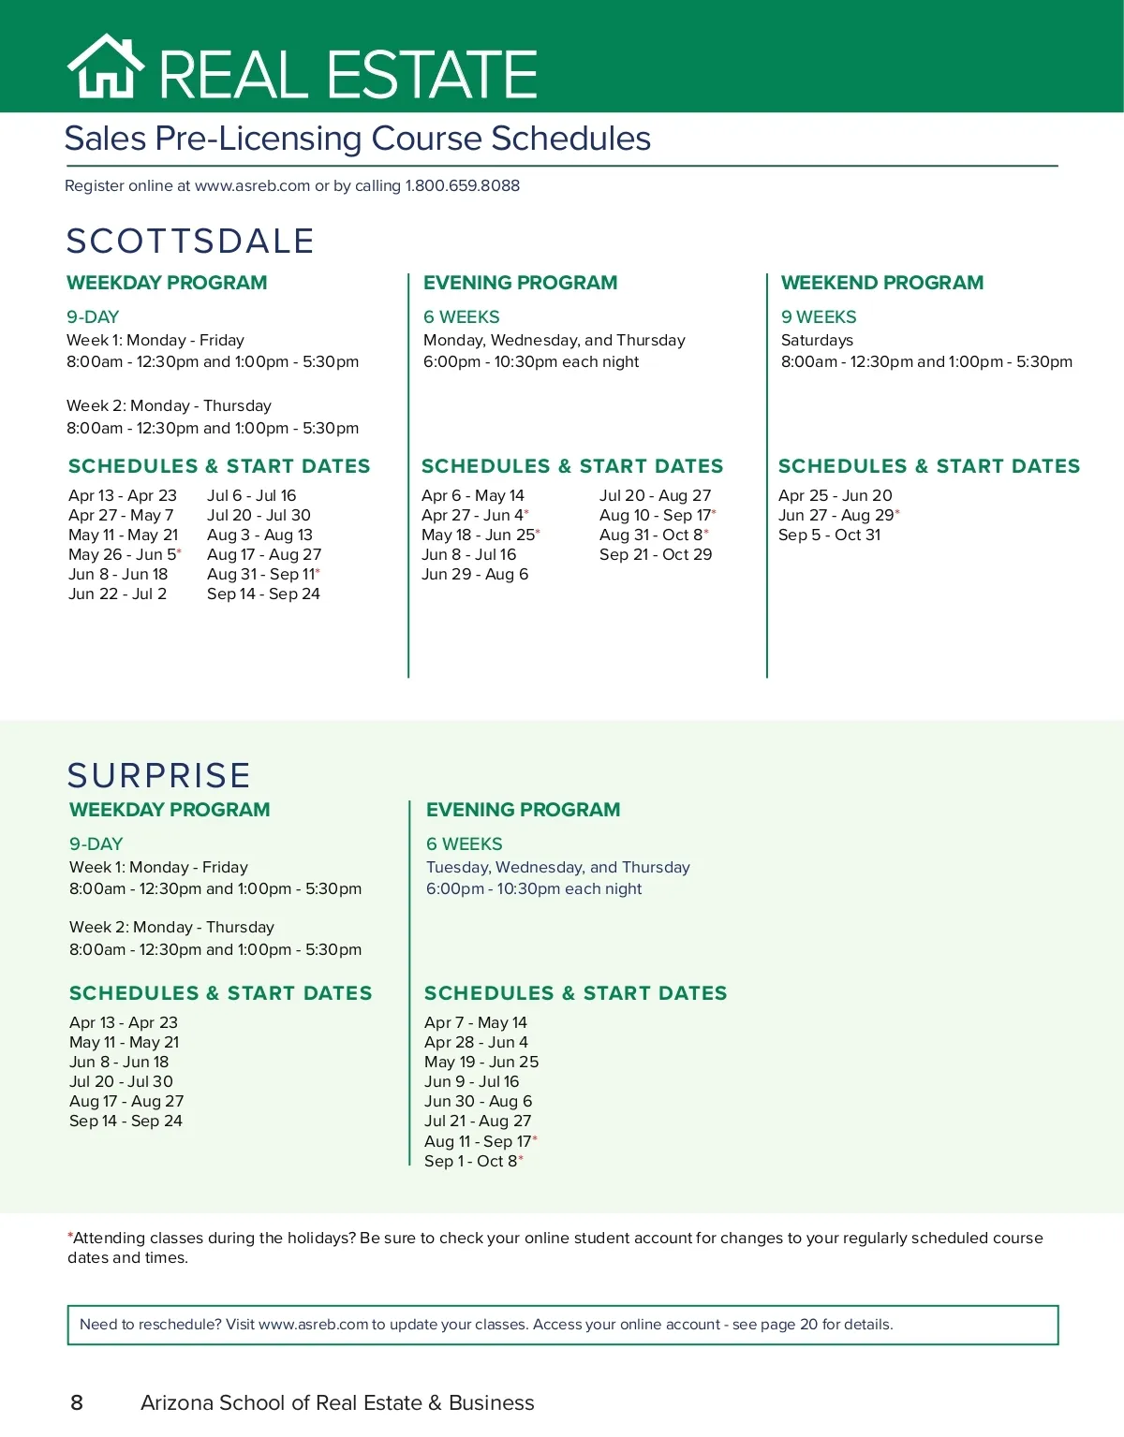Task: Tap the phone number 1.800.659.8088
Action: [462, 185]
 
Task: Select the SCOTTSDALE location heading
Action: [190, 241]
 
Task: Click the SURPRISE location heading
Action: [159, 775]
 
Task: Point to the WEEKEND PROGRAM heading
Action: [881, 283]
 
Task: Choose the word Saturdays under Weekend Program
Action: [817, 340]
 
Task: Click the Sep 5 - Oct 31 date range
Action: [829, 535]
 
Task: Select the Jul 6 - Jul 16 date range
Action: [251, 495]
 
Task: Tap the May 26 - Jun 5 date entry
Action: [123, 554]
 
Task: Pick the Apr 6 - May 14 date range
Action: [472, 495]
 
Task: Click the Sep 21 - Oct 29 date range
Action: [655, 554]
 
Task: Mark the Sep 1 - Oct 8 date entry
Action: [471, 1161]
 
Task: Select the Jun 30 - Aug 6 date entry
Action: [478, 1101]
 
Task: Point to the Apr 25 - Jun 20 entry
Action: [835, 495]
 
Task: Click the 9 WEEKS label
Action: [819, 317]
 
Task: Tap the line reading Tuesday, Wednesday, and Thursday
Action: [557, 867]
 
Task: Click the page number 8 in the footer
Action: [77, 1402]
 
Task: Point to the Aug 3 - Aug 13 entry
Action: [259, 535]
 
